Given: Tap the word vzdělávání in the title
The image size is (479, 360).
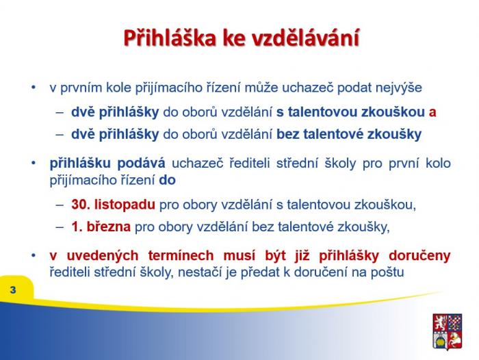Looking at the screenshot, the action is coord(305,38).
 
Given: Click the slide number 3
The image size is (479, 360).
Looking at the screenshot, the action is coord(13,290).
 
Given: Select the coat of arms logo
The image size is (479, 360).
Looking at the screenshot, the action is coord(448,331).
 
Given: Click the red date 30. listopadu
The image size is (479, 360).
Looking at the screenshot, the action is coord(114,205).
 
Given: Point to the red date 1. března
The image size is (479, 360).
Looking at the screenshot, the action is coord(101,227).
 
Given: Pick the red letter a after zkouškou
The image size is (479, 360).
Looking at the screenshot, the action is coord(432,112).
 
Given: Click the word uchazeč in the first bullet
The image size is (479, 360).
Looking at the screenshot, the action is coord(308,88).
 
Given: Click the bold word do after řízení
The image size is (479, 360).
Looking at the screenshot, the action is coord(167,180).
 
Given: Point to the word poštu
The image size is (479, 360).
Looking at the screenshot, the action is coord(387,272).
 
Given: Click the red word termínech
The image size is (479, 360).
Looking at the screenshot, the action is coord(181,255).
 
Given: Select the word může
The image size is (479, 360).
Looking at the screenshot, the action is coord(261,88).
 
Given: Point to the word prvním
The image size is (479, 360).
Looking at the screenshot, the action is coord(81,88).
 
